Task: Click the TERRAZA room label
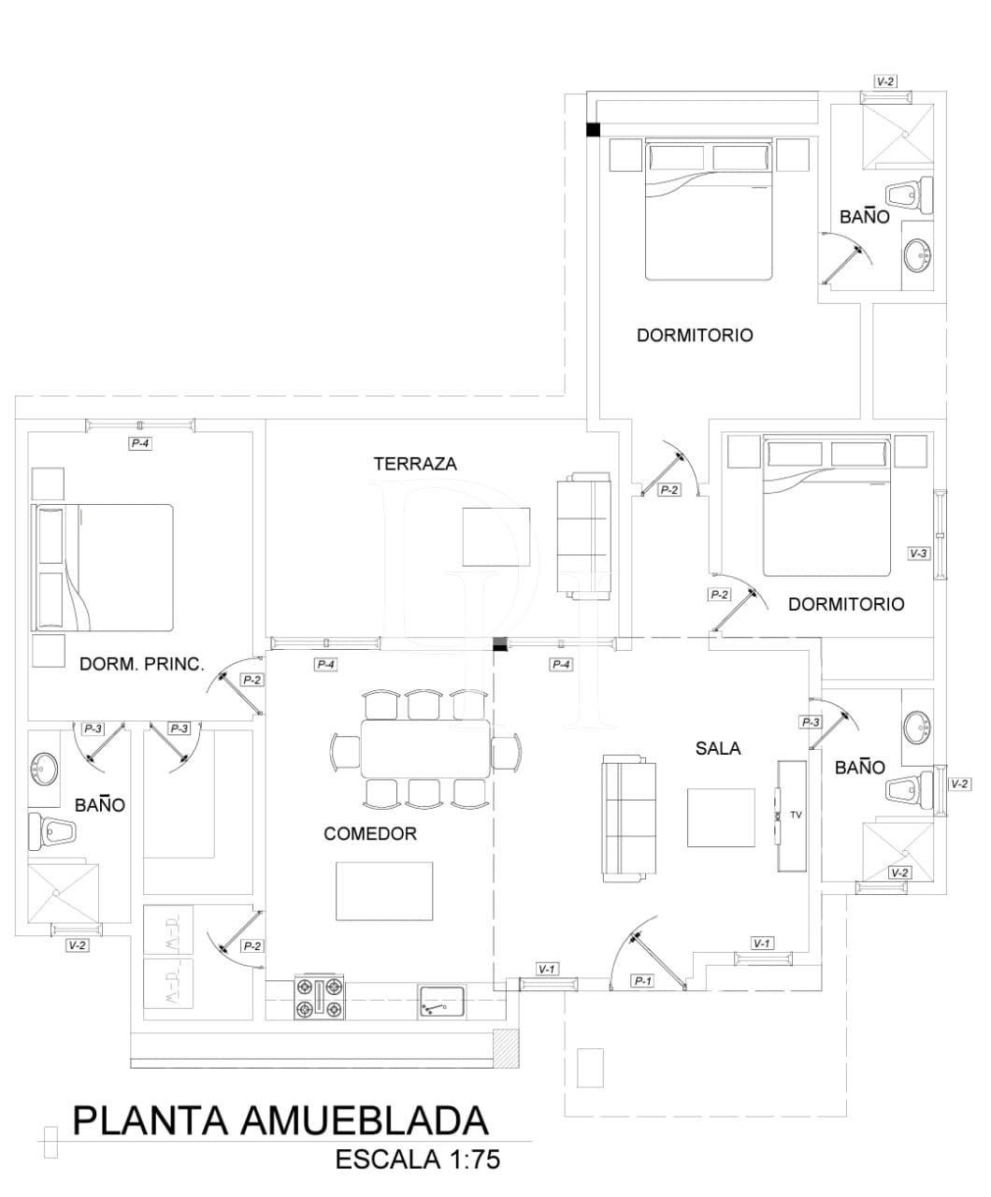414,464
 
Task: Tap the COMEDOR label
369,833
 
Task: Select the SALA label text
718,747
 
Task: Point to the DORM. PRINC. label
141,664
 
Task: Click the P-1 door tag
642,981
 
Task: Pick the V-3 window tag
918,553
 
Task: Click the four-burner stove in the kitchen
320,998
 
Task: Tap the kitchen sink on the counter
441,1002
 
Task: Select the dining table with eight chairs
425,748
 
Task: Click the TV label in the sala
796,815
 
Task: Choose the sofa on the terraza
584,537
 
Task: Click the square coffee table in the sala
721,817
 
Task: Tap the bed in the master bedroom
104,567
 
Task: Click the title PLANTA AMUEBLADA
280,1119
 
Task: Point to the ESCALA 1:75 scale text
418,1160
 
